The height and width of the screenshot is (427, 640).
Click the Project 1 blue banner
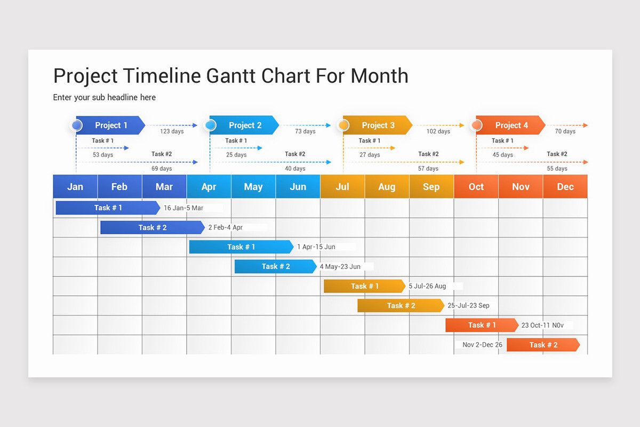coord(110,125)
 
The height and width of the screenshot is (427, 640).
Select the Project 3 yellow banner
coord(378,125)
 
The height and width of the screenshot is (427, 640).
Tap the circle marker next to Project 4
coord(476,125)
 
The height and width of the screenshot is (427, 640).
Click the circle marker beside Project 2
coord(210,125)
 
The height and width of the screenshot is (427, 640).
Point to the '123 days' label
coord(172,131)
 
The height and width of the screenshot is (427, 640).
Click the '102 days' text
coord(438,131)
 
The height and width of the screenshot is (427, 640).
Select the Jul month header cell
coord(342,186)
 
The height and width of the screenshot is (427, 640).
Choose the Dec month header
coord(565,186)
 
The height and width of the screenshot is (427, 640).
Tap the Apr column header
coord(209,186)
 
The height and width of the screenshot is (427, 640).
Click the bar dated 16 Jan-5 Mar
coord(108,208)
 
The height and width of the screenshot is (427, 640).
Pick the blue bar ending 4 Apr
coord(152,227)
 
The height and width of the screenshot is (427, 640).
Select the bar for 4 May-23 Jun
coord(275,266)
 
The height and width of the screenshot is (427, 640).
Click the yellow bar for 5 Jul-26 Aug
coord(364,286)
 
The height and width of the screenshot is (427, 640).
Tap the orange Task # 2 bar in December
coord(543,345)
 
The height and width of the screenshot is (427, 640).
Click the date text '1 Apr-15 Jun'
coord(316,247)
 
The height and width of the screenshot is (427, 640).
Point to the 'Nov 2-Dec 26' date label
coord(482,345)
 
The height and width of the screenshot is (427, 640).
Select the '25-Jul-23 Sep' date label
coord(468,306)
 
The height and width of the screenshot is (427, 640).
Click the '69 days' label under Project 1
coord(162,169)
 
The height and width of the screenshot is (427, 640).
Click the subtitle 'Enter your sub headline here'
coord(105,97)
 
